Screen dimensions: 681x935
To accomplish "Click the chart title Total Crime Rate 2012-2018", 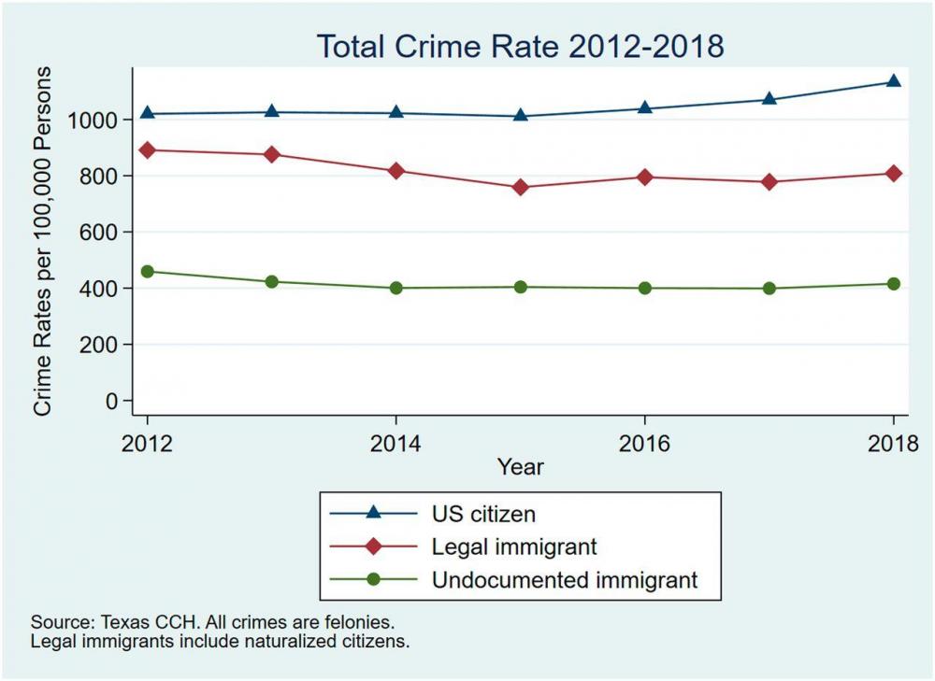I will click(x=520, y=46).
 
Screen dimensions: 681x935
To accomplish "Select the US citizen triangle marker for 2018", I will click(x=893, y=81).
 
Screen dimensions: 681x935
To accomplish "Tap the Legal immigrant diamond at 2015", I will click(x=521, y=187).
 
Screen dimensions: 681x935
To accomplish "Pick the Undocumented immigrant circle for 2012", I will click(x=148, y=271).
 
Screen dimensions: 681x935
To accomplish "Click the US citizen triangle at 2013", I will click(x=272, y=111).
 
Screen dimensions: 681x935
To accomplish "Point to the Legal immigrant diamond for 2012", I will click(x=148, y=149).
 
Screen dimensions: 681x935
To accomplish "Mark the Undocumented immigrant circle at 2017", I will click(x=769, y=288).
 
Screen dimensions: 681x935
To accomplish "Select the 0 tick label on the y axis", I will click(x=112, y=401).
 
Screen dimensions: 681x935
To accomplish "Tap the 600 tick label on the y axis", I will click(x=102, y=233).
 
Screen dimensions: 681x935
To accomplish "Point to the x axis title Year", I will click(x=520, y=464).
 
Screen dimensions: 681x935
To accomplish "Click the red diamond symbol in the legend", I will click(x=373, y=546).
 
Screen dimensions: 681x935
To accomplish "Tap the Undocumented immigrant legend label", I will click(x=565, y=579).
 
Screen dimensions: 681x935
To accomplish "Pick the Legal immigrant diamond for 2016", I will click(x=644, y=177).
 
